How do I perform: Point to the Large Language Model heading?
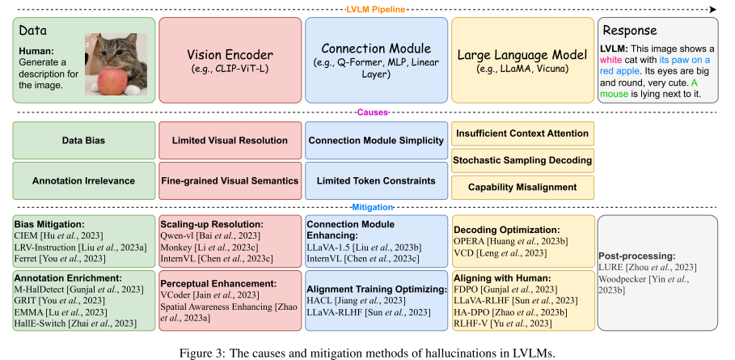(522, 55)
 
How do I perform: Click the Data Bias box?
(82, 140)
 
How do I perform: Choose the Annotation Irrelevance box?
(82, 180)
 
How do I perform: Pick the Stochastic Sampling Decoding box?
(522, 160)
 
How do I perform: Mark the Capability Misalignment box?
(522, 188)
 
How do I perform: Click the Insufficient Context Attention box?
(522, 133)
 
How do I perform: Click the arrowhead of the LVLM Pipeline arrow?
(713, 9)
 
